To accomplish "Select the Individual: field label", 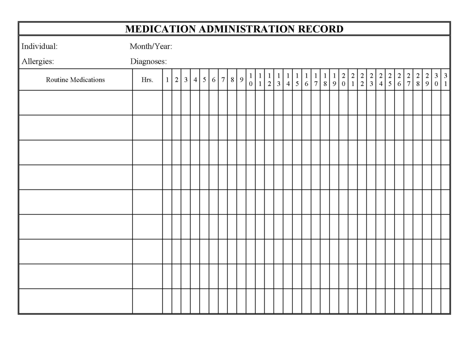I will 39,46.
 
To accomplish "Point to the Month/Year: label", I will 151,46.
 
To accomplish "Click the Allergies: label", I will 38,62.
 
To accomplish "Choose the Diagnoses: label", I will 148,62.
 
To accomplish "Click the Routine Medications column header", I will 75,80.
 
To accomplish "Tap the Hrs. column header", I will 147,80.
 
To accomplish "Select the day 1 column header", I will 167,80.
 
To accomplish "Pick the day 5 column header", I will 204,80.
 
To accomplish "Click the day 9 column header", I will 242,80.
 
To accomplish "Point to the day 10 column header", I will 251,80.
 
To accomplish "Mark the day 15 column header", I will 297,80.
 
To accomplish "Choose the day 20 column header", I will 343,80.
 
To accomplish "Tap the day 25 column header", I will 390,80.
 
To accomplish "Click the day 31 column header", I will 445,80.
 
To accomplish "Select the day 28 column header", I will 418,80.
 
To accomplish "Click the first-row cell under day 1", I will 167,103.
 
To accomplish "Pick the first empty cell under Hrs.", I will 147,103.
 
